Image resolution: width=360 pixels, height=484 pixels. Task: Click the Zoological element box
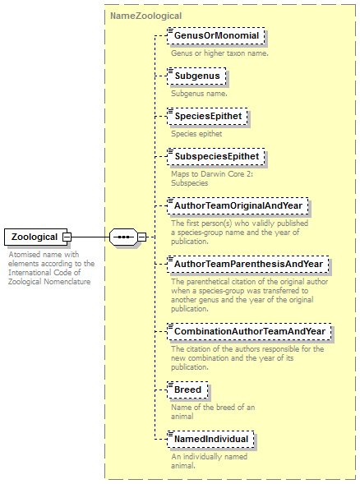(x=35, y=237)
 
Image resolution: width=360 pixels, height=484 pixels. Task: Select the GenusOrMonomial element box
(x=216, y=36)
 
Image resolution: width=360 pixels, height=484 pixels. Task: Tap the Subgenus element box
(x=196, y=76)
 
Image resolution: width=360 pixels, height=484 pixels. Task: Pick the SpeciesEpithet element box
(x=207, y=117)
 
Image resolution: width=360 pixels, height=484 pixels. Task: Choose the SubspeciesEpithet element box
(x=216, y=156)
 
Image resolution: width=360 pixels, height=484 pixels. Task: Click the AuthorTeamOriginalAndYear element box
(x=238, y=206)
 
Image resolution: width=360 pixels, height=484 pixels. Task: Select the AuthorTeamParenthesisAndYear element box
(x=248, y=265)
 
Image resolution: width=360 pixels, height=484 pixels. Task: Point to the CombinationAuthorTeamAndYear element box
(x=249, y=331)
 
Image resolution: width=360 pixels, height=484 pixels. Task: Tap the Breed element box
(x=187, y=390)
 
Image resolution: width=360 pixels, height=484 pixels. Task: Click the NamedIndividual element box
(x=210, y=440)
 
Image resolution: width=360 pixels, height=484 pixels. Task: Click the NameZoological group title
(x=146, y=16)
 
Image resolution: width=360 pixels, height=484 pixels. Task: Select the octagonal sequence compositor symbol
(x=123, y=237)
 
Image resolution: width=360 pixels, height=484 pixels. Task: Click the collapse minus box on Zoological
(x=67, y=237)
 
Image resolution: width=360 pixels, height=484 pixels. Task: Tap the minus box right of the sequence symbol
(x=141, y=237)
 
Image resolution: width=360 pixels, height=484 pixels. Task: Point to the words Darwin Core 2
(x=227, y=174)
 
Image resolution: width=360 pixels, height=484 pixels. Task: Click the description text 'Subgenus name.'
(x=199, y=94)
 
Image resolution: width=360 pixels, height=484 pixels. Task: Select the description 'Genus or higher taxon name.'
(x=219, y=53)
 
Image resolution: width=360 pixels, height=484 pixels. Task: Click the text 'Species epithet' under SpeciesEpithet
(x=196, y=134)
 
